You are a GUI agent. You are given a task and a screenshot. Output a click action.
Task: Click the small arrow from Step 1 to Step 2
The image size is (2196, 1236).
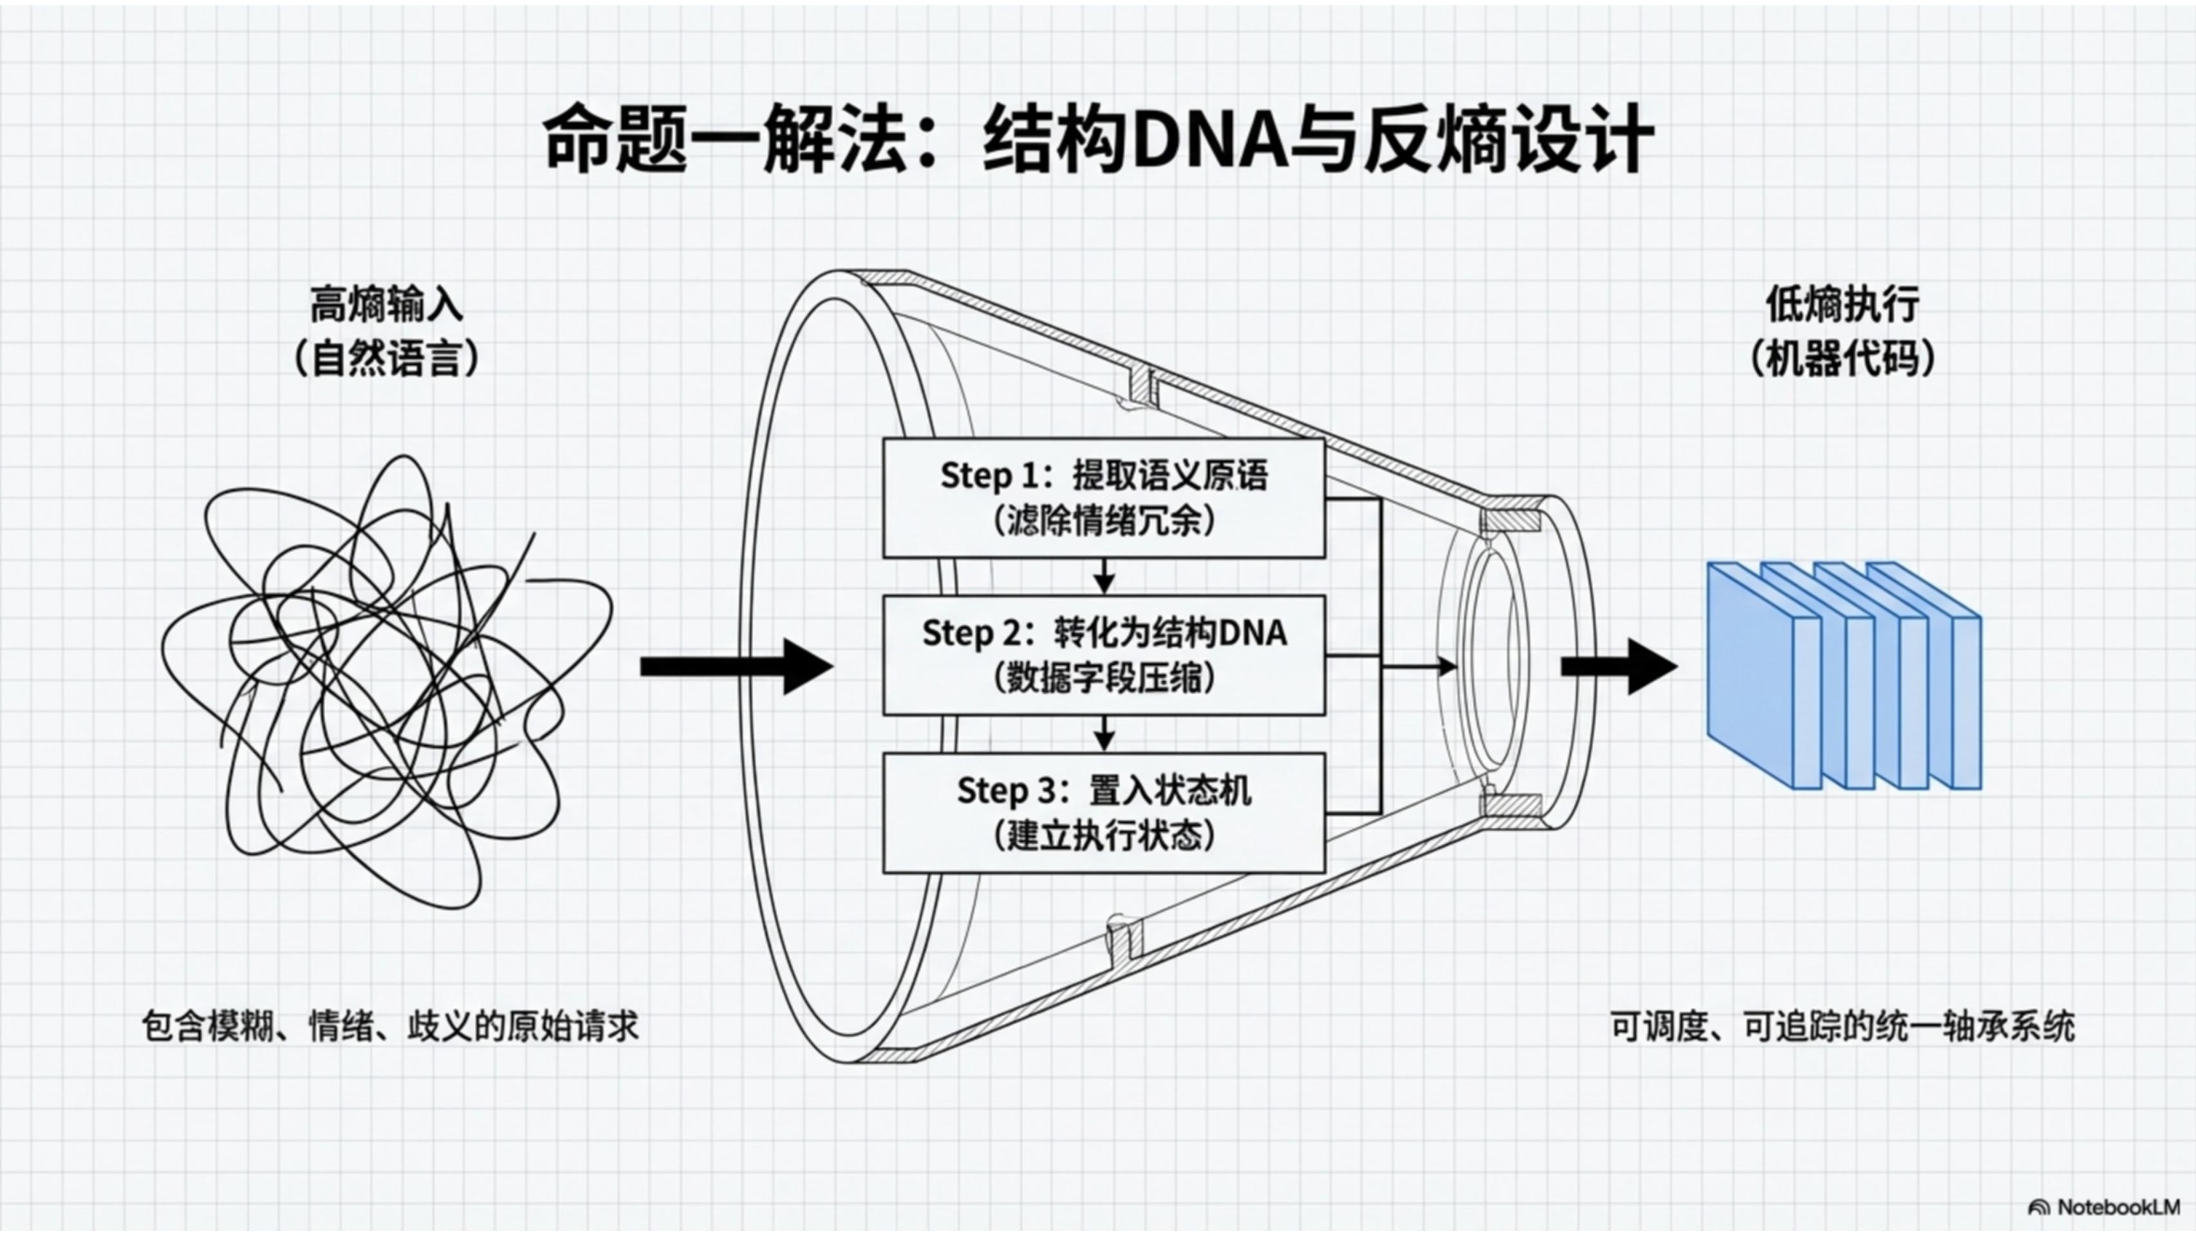point(1104,577)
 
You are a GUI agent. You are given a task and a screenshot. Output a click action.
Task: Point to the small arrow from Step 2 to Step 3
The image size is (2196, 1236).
point(1104,734)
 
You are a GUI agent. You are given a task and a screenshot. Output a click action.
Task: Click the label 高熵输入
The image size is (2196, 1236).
point(386,305)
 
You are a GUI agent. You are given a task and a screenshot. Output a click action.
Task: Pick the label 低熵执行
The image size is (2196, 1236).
point(1842,305)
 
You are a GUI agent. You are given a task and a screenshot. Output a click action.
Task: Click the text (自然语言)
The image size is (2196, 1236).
point(386,359)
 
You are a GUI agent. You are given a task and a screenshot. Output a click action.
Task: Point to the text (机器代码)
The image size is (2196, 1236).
point(1842,359)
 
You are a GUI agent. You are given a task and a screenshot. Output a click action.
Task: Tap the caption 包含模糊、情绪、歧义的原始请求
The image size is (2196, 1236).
point(389,1026)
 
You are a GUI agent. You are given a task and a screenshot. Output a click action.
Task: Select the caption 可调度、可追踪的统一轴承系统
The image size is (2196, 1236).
point(1842,1026)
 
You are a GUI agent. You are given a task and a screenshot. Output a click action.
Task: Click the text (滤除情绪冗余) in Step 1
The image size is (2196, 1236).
point(1103,521)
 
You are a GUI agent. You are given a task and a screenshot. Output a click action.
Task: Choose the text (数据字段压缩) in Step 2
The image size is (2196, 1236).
point(1103,679)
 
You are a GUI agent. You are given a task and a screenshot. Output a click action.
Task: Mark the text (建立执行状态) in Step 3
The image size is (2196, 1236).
point(1103,836)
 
